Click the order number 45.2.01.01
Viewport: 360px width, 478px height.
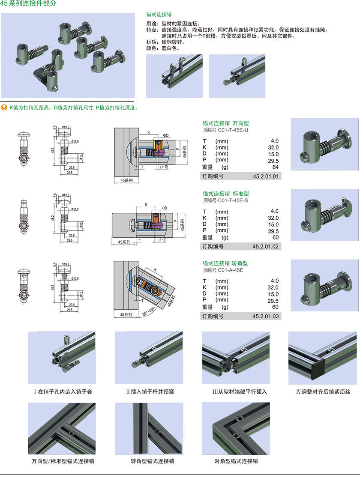pos(266,176)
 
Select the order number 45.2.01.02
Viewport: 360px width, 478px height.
pos(266,246)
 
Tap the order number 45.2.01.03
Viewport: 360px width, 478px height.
pos(266,317)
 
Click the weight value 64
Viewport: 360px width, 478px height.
pos(275,167)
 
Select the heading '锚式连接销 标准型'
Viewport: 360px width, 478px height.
pos(225,194)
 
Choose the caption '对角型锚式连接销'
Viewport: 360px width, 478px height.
pos(236,461)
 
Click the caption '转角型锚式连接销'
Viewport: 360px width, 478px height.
pos(149,461)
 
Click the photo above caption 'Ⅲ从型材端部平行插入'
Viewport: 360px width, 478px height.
pos(236,358)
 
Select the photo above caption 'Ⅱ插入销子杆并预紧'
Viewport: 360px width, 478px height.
pos(149,358)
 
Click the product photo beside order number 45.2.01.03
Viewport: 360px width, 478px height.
pos(324,285)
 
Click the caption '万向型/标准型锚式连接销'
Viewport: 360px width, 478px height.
pos(63,461)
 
